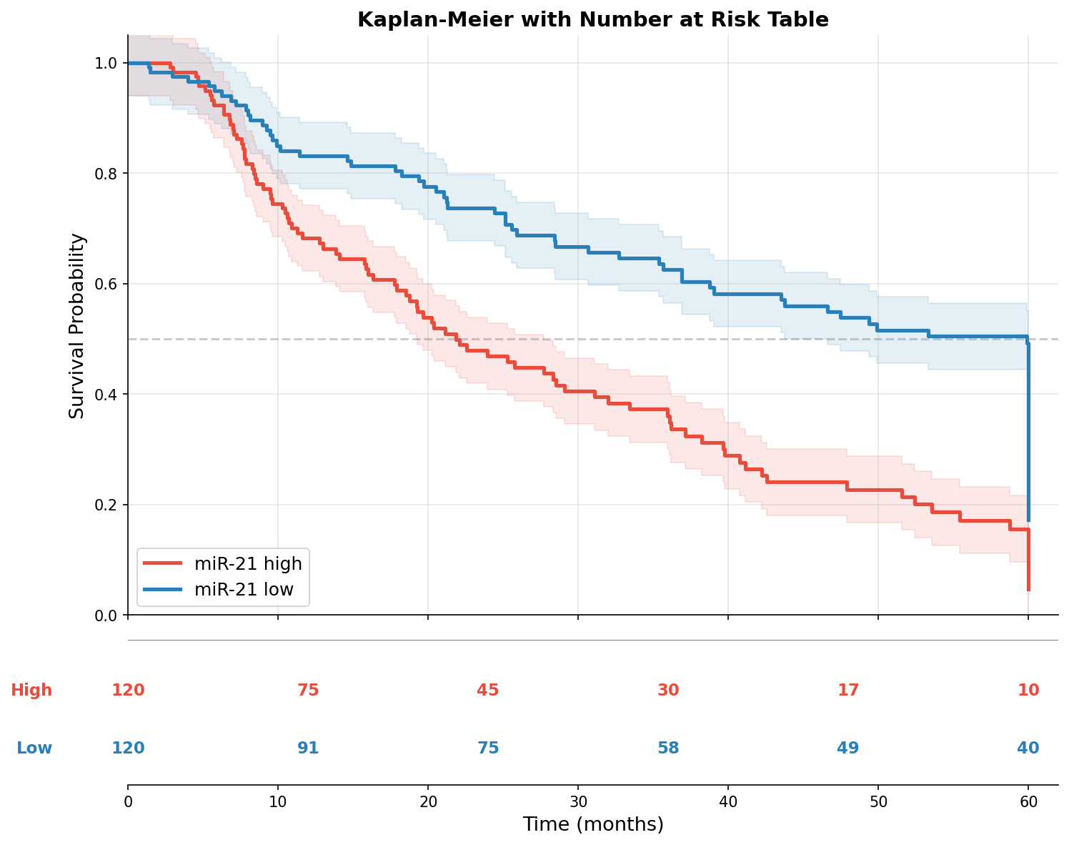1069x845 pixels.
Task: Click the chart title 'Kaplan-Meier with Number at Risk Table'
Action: click(592, 19)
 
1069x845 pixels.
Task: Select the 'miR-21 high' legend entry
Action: click(248, 563)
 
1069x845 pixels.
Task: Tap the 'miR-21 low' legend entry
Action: click(244, 590)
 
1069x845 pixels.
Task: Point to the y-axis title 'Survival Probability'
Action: click(76, 325)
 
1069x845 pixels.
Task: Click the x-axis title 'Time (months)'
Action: click(592, 824)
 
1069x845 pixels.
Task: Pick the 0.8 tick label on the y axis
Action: click(105, 174)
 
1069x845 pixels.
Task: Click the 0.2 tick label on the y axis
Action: click(105, 505)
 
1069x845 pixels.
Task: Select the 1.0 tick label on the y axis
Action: click(105, 64)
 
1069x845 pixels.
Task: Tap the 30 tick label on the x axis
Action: click(578, 802)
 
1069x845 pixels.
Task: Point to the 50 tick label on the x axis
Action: click(878, 802)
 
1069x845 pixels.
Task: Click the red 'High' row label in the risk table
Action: click(31, 690)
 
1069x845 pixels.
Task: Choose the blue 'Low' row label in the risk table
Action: click(34, 748)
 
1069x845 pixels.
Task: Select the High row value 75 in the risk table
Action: click(308, 690)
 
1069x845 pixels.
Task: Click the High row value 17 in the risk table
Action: click(848, 690)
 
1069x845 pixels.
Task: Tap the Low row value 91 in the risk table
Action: click(308, 748)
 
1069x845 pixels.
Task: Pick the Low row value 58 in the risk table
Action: click(668, 748)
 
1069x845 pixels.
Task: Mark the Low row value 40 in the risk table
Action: click(1028, 748)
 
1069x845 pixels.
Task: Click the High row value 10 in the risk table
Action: click(1028, 690)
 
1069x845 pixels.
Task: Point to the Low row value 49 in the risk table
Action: click(848, 748)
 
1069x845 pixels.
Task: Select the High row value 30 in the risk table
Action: click(668, 690)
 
